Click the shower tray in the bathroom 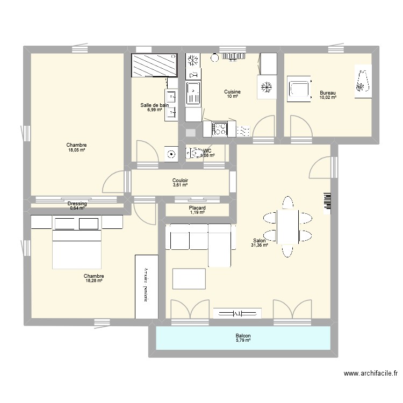pyautogui.click(x=154, y=65)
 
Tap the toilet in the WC pyautogui.click(x=193, y=154)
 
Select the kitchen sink pyautogui.click(x=193, y=92)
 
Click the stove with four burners pyautogui.click(x=219, y=129)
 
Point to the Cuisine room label pyautogui.click(x=232, y=92)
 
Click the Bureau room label pyautogui.click(x=327, y=92)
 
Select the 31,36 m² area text pyautogui.click(x=260, y=246)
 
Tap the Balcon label pyautogui.click(x=243, y=336)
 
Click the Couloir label pyautogui.click(x=180, y=181)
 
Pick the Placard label pyautogui.click(x=197, y=208)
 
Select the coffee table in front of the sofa pyautogui.click(x=189, y=279)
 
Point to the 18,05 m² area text pyautogui.click(x=77, y=151)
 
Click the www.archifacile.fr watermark pyautogui.click(x=371, y=373)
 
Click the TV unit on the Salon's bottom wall pyautogui.click(x=237, y=313)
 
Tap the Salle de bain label pyautogui.click(x=154, y=105)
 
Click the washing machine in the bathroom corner pyautogui.click(x=171, y=154)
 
